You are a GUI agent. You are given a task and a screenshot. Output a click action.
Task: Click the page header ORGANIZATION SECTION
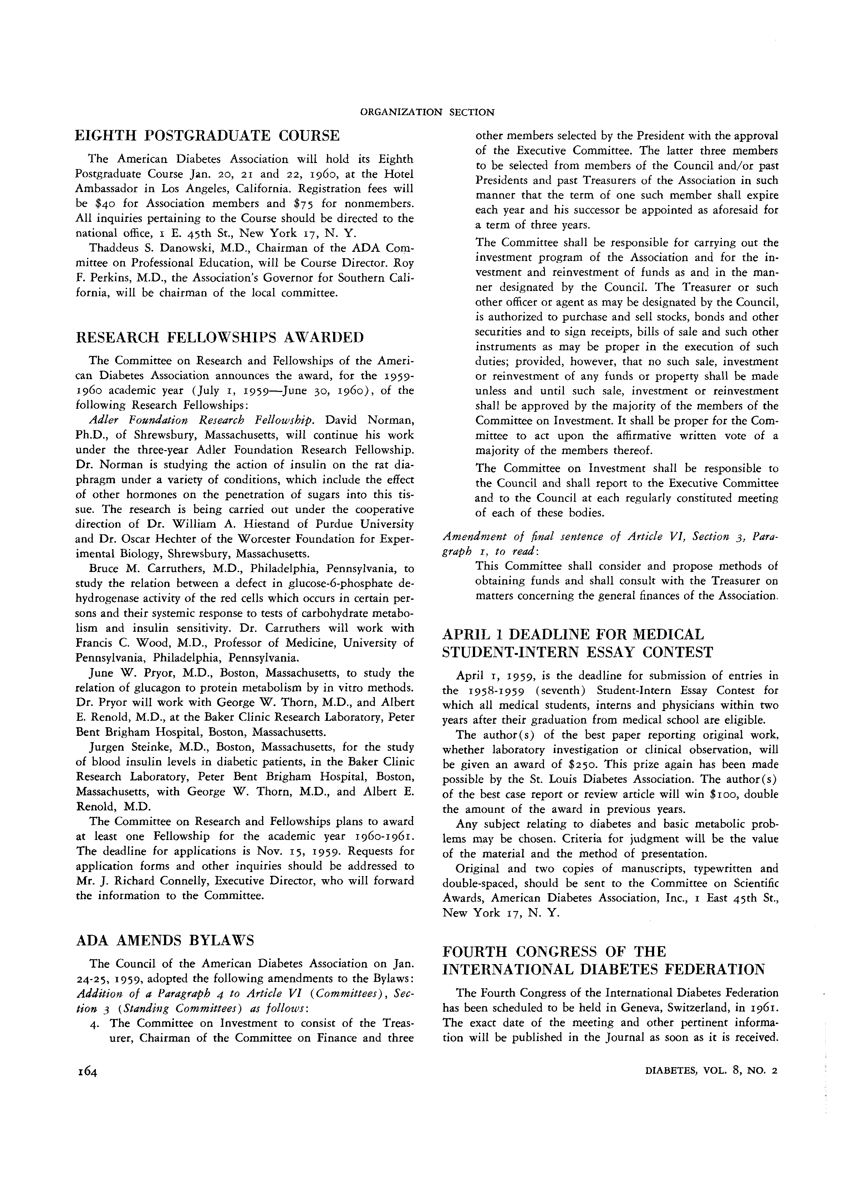click(x=427, y=112)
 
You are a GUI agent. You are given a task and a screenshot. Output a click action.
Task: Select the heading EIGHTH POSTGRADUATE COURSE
click(x=208, y=136)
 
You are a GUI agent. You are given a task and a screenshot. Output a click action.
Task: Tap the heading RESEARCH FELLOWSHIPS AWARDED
click(x=220, y=337)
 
